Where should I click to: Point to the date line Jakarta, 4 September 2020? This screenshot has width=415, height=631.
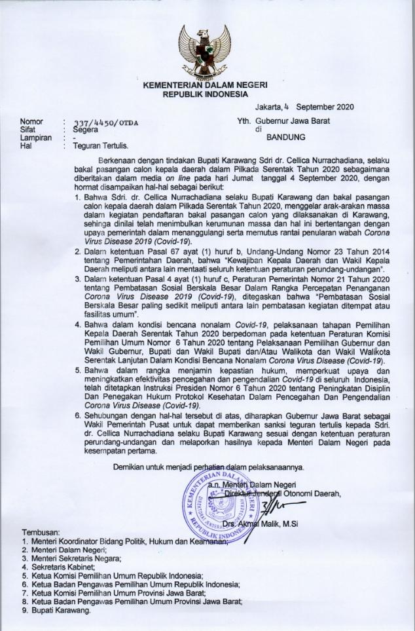(304, 106)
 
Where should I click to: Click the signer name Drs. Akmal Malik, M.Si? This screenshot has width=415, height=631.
(263, 524)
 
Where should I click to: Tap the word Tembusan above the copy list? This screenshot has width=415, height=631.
(42, 533)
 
